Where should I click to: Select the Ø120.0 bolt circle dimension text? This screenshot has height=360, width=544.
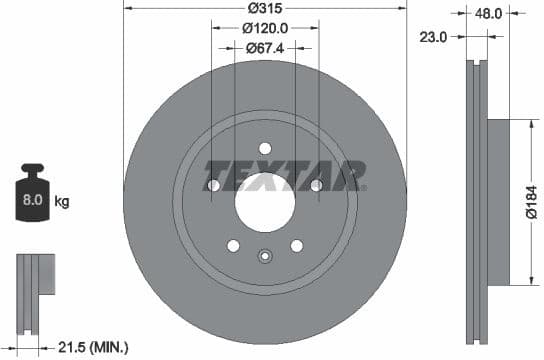[265, 30]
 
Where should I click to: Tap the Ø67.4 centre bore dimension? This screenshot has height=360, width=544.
[265, 47]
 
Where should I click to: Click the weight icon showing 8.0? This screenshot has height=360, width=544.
[31, 197]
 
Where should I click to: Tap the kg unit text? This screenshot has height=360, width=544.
[62, 202]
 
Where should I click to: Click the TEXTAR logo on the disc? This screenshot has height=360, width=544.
[284, 175]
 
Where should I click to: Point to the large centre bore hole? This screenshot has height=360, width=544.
[265, 196]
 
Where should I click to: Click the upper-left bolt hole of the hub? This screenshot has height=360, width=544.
[213, 185]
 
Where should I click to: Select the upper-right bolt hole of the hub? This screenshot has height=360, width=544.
[316, 185]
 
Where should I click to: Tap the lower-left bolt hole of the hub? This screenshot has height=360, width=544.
[233, 245]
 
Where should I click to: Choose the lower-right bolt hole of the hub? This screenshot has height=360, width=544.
[297, 245]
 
